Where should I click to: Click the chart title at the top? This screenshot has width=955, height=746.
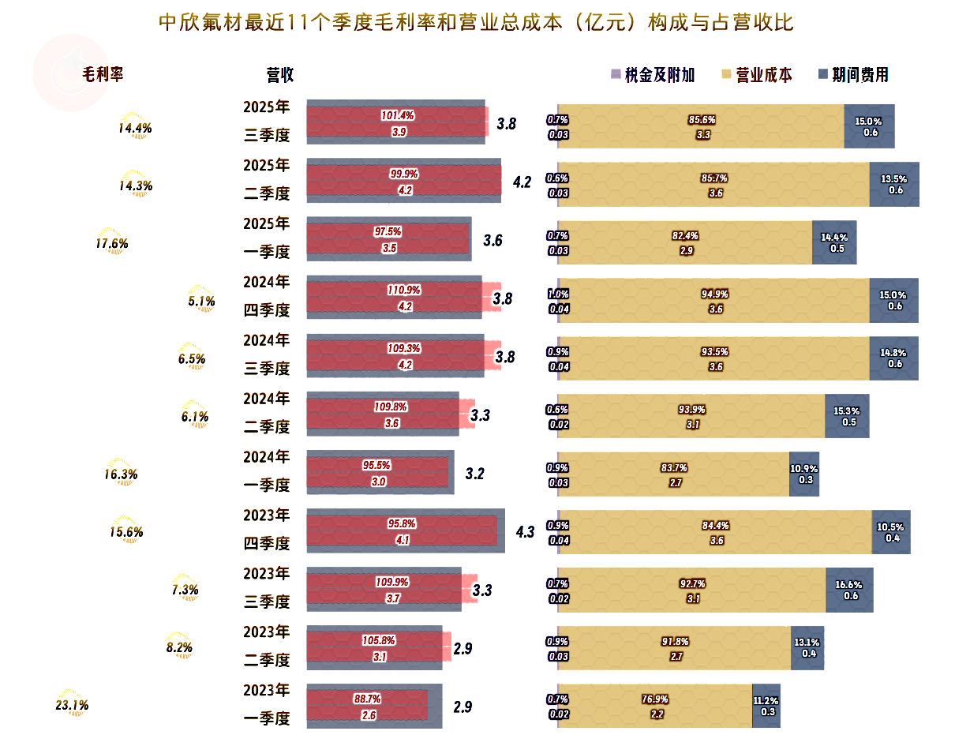[476, 22]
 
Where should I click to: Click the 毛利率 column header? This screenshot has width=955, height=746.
[103, 75]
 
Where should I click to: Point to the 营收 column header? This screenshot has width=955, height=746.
[280, 75]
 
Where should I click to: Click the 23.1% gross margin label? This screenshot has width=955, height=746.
[72, 705]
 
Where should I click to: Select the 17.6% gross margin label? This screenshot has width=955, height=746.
[112, 243]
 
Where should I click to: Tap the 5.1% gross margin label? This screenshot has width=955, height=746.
[202, 301]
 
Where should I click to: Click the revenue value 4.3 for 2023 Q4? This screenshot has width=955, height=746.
[525, 532]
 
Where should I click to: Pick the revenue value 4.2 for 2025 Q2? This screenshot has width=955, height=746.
[522, 182]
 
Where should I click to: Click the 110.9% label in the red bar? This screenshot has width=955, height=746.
[404, 290]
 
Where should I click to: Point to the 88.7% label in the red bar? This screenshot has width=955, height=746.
[368, 699]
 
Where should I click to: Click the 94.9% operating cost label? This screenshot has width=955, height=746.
[714, 294]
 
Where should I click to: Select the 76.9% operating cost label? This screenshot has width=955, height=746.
[655, 699]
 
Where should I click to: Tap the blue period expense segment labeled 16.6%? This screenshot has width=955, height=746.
[849, 590]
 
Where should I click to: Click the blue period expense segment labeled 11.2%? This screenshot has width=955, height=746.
[766, 706]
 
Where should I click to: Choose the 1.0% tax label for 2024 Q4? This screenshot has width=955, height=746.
[558, 294]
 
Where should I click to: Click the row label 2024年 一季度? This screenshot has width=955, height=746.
[267, 471]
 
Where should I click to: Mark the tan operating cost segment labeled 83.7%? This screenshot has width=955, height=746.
[673, 474]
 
